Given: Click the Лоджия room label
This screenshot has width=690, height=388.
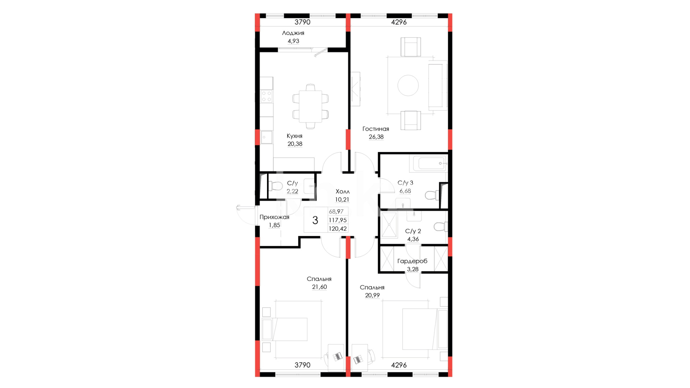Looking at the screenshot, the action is pyautogui.click(x=293, y=33).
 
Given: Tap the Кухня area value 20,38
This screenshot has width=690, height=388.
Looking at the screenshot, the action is pyautogui.click(x=295, y=144).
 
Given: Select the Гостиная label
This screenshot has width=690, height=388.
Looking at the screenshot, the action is pyautogui.click(x=376, y=129).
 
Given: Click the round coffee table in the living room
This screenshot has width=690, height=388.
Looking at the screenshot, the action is pyautogui.click(x=408, y=86).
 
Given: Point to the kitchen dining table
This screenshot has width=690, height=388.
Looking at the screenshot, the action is pyautogui.click(x=310, y=106).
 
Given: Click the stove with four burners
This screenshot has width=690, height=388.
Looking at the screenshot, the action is pyautogui.click(x=266, y=96).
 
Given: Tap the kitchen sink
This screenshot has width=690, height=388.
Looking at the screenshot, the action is pyautogui.click(x=266, y=137).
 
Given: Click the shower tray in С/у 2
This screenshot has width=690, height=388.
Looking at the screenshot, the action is pyautogui.click(x=389, y=225).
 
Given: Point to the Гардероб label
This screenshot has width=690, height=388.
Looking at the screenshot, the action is pyautogui.click(x=412, y=261).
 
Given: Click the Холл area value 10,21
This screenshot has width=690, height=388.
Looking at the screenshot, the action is pyautogui.click(x=342, y=200).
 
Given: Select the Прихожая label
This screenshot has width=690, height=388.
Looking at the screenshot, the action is pyautogui.click(x=274, y=217).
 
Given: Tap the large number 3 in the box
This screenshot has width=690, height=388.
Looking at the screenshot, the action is pyautogui.click(x=315, y=220).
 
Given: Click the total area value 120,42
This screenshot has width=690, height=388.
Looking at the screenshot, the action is pyautogui.click(x=338, y=229).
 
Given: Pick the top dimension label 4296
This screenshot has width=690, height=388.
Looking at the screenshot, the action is pyautogui.click(x=399, y=22).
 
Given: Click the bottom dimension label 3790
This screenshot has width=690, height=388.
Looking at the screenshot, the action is pyautogui.click(x=302, y=365).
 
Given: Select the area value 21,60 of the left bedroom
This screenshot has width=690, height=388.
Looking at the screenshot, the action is pyautogui.click(x=319, y=287).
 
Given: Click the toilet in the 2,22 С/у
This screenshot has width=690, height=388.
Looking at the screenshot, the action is pyautogui.click(x=276, y=186).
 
